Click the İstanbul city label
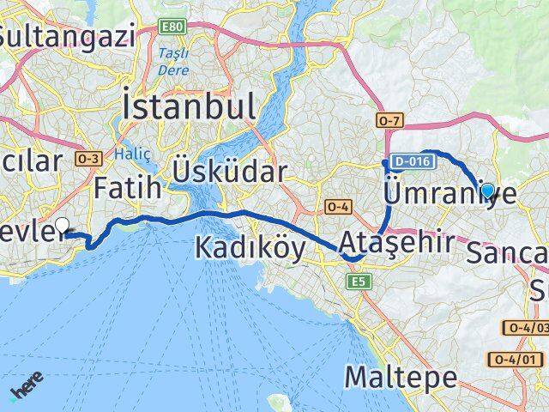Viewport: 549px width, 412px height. pyautogui.click(x=189, y=109)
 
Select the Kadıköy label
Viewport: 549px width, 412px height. pyautogui.click(x=250, y=248)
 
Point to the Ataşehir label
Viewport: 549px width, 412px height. pyautogui.click(x=396, y=243)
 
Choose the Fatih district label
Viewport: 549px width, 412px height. pyautogui.click(x=128, y=186)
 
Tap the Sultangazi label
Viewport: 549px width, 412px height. pyautogui.click(x=68, y=36)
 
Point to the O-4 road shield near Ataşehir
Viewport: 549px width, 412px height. pyautogui.click(x=335, y=206)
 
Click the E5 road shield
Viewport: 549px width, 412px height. pyautogui.click(x=356, y=281)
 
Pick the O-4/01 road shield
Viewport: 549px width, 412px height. pyautogui.click(x=526, y=335)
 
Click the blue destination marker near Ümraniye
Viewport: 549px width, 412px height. pyautogui.click(x=487, y=191)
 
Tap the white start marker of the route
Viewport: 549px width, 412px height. pyautogui.click(x=62, y=227)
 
